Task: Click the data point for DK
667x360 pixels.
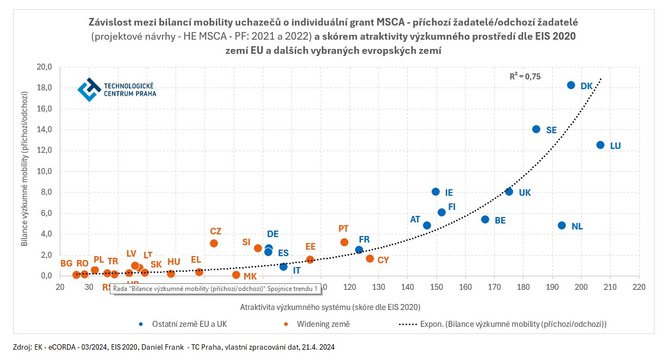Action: click(571, 85)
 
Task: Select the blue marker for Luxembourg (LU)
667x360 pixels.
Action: click(600, 145)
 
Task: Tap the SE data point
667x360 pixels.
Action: click(536, 129)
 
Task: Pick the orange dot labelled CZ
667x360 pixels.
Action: click(214, 243)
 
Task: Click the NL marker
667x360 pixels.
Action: click(562, 225)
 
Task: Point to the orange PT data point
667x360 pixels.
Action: click(344, 242)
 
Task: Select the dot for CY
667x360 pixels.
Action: click(370, 259)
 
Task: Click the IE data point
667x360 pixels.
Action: click(435, 192)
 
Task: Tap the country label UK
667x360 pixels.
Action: click(525, 193)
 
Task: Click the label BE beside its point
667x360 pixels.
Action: click(500, 221)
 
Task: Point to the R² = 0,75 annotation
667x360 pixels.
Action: click(525, 77)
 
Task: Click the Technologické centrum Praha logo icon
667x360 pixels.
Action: click(89, 90)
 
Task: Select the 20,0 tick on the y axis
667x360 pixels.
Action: click(45, 67)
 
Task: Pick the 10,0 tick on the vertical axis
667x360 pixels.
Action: click(45, 171)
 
